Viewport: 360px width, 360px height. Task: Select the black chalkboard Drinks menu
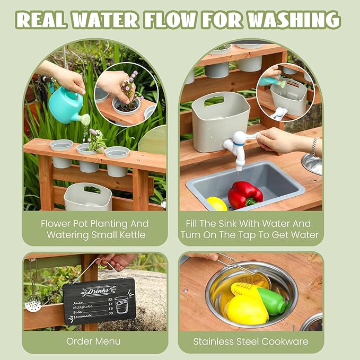tap(99, 301)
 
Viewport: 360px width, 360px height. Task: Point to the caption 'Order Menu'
tap(93, 341)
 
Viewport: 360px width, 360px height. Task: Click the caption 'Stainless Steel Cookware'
tap(250, 341)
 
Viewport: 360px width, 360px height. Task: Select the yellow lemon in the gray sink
tap(217, 204)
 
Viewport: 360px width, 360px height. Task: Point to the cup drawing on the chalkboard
tap(122, 304)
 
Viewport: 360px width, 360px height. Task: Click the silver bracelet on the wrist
tap(314, 146)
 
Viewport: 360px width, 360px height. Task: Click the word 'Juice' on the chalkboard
tap(78, 302)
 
